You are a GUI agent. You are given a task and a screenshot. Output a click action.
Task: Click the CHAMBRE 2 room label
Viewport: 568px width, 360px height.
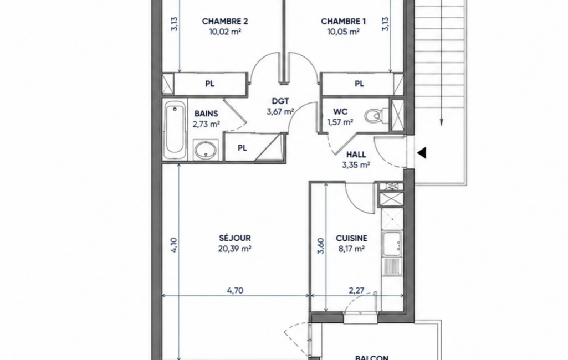click(225, 22)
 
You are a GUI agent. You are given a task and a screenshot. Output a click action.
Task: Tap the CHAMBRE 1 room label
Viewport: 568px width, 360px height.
click(344, 22)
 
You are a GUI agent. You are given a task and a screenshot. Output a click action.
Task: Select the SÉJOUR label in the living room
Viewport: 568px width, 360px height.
click(235, 238)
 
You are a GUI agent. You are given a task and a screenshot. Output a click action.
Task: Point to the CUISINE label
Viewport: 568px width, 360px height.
click(351, 238)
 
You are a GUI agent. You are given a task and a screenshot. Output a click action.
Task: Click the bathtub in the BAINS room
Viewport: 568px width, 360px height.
click(175, 130)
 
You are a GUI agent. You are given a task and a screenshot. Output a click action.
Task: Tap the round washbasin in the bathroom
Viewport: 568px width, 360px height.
click(206, 150)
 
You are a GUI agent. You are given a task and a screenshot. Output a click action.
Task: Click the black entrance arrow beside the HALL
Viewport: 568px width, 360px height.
click(422, 153)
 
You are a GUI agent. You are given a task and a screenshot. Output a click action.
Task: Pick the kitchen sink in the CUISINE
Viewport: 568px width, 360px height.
click(392, 242)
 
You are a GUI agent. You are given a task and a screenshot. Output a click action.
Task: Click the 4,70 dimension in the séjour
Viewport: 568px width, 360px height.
click(235, 290)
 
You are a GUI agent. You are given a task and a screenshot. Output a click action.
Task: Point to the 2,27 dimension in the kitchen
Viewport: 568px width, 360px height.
click(356, 290)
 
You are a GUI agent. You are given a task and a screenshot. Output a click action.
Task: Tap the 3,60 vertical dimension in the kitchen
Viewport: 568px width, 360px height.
click(321, 246)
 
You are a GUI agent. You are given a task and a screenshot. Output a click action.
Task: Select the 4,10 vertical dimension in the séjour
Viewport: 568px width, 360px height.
click(173, 245)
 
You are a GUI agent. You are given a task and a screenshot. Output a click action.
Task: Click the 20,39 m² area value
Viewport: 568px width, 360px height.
click(235, 249)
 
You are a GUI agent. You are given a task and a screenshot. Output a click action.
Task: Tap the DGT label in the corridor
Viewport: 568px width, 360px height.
click(280, 101)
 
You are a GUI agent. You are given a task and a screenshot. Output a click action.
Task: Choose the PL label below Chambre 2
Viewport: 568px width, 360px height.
click(209, 84)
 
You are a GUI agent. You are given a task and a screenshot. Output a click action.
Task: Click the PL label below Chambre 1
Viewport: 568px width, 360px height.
click(359, 84)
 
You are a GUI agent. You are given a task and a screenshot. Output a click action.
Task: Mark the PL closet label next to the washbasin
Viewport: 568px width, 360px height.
click(242, 148)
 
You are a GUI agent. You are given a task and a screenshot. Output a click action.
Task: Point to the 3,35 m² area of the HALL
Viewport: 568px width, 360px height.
click(356, 166)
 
